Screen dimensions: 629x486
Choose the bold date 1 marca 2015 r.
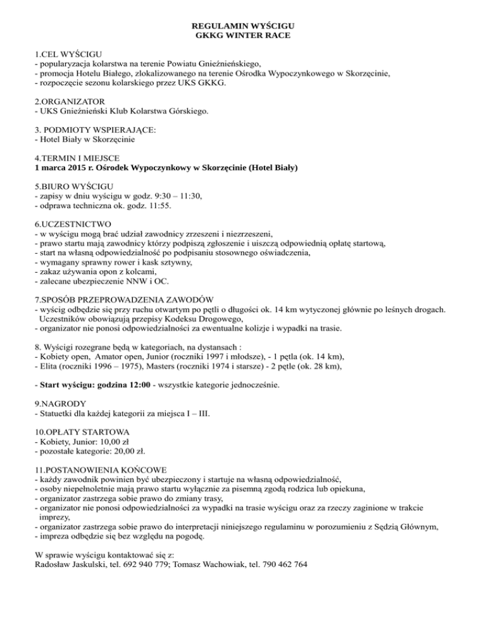pos(64,168)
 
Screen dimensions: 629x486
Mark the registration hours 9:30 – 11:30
pos(176,197)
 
